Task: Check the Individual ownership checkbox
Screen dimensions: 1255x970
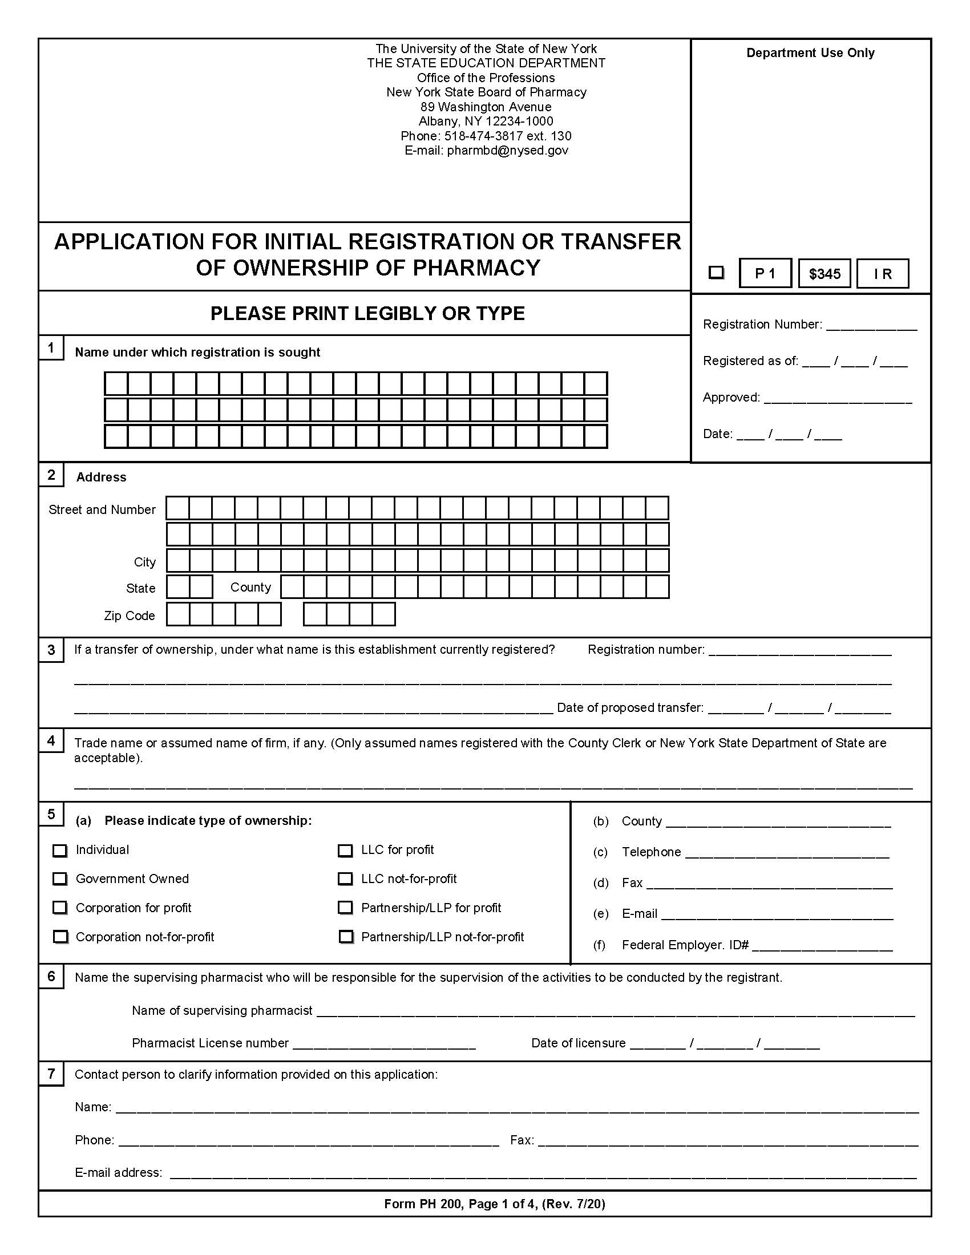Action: tap(60, 851)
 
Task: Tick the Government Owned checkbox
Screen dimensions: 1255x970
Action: tap(60, 879)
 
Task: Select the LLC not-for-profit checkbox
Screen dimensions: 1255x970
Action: tap(345, 879)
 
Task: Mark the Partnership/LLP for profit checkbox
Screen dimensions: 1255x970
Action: tap(345, 908)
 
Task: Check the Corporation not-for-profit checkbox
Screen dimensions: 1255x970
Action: tap(60, 937)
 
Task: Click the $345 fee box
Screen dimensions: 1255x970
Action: tap(824, 273)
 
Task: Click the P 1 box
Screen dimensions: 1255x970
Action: tap(765, 273)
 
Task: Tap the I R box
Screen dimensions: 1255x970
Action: tap(882, 273)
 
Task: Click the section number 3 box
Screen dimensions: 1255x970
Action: tap(51, 650)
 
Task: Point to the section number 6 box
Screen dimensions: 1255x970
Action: tap(51, 976)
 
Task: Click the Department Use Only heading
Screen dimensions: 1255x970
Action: tap(810, 53)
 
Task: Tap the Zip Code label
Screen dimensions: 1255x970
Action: tap(130, 616)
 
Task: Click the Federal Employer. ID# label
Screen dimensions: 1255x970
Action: tap(684, 945)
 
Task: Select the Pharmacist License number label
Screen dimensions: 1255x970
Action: tap(210, 1043)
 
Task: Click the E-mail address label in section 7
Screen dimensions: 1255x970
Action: tap(118, 1172)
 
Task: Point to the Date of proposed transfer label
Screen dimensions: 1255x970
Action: tap(630, 708)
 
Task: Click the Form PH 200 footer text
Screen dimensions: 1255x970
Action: tap(494, 1204)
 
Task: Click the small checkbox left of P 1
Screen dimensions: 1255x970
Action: tap(716, 272)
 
